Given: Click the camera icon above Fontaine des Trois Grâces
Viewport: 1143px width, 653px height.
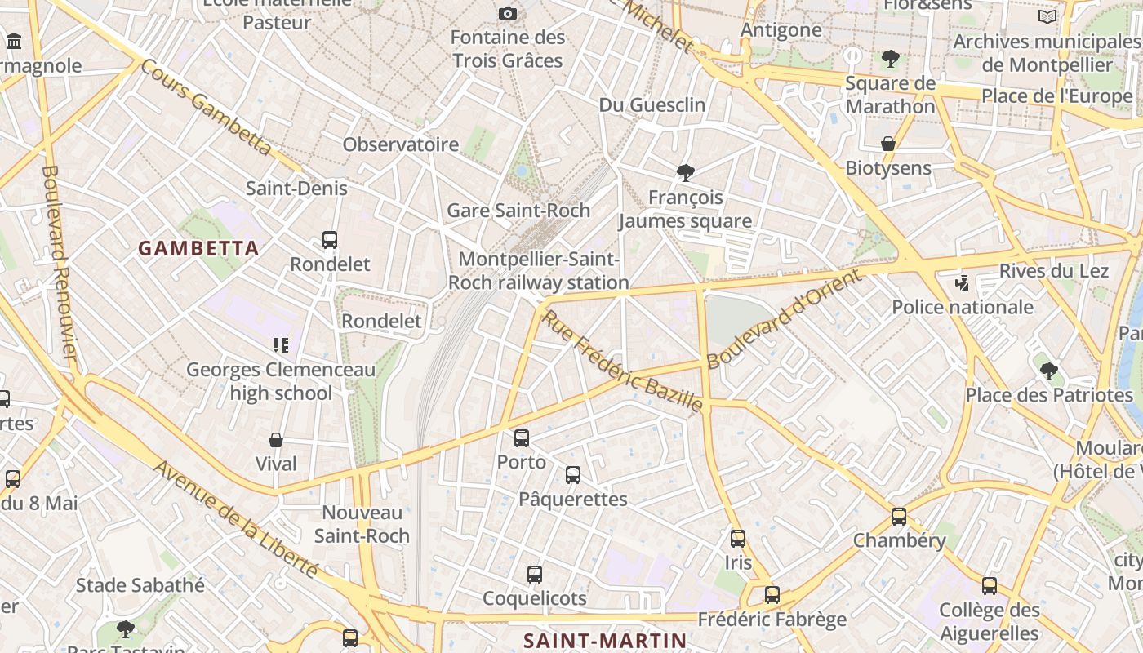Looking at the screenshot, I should (x=507, y=13).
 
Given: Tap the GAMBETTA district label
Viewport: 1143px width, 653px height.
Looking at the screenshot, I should (x=198, y=248).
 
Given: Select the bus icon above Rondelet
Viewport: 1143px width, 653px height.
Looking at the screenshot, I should (x=330, y=240).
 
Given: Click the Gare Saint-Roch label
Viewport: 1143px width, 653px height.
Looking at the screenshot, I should (x=518, y=210).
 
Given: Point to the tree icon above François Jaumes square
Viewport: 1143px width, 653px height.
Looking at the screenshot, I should (x=686, y=172).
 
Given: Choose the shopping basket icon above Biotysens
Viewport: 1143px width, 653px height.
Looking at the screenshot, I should (x=888, y=144).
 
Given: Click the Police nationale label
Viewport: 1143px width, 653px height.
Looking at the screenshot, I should (x=963, y=307).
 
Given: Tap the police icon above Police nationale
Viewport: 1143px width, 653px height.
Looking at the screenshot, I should (x=963, y=283).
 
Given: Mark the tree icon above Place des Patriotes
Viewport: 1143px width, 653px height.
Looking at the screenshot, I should (x=1049, y=371).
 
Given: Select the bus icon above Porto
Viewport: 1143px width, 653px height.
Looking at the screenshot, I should (x=522, y=438).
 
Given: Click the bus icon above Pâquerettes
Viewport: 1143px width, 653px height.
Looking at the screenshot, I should (x=573, y=475).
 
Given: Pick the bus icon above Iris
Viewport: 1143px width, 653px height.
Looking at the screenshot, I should (x=738, y=539).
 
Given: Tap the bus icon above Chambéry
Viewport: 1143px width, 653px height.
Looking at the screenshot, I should (x=899, y=517).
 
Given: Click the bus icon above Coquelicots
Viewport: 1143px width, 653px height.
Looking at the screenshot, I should (x=535, y=575).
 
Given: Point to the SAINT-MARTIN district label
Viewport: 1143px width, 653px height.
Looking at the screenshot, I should (x=605, y=640).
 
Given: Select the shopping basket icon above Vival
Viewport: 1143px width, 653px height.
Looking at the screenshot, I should (x=276, y=440).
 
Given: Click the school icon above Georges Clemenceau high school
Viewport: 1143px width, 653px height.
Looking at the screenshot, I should (x=281, y=345).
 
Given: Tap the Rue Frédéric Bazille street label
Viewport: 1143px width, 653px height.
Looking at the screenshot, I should (x=622, y=360).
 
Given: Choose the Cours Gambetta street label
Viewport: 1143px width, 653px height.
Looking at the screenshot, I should (x=206, y=107).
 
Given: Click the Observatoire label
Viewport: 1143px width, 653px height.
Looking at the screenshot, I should (x=401, y=144).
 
